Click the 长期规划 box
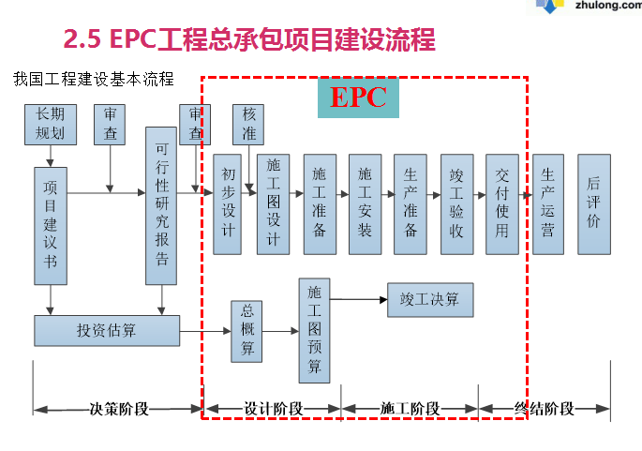click(50, 125)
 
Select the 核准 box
click(248, 125)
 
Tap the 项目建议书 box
click(51, 226)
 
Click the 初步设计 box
click(228, 203)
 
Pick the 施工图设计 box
click(273, 203)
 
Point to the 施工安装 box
click(365, 203)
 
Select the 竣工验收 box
click(456, 203)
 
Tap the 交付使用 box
click(502, 203)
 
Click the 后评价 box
click(593, 203)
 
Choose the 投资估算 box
click(106, 330)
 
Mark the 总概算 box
click(247, 331)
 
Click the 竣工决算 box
click(430, 300)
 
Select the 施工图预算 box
click(315, 330)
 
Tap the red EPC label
click(358, 98)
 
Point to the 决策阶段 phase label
click(119, 409)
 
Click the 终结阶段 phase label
click(545, 409)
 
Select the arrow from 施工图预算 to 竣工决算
click(359, 300)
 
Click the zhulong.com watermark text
click(603, 8)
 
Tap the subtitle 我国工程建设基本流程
click(94, 79)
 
